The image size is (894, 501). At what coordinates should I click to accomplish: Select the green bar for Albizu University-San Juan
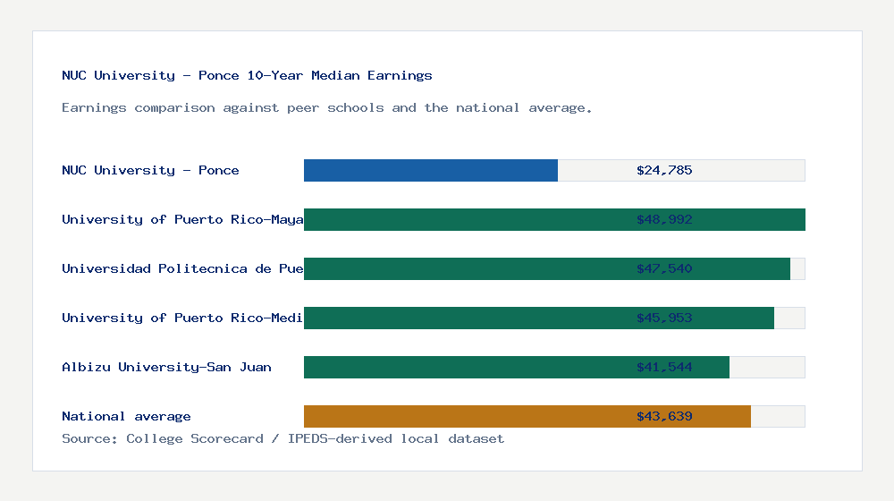click(517, 367)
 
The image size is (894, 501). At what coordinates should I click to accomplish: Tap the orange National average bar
click(527, 416)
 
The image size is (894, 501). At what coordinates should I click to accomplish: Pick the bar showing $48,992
click(554, 219)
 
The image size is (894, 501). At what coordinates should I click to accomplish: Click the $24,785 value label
click(664, 170)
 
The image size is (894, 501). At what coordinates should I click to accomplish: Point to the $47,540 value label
click(664, 268)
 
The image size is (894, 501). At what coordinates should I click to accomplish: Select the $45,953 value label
click(664, 318)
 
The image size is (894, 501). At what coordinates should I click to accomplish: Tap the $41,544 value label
click(664, 367)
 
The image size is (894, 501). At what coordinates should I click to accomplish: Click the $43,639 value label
click(664, 416)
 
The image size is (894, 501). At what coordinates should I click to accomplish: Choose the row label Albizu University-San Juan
click(166, 367)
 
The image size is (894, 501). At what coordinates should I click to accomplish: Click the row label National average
click(126, 416)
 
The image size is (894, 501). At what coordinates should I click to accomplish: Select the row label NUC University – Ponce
click(150, 170)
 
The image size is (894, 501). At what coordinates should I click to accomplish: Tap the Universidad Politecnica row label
click(182, 268)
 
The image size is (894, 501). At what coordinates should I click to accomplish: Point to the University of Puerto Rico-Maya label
click(182, 219)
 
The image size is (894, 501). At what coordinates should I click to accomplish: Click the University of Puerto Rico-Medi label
click(182, 318)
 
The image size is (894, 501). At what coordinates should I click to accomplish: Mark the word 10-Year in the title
click(274, 75)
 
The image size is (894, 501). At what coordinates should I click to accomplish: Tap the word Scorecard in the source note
click(231, 438)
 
